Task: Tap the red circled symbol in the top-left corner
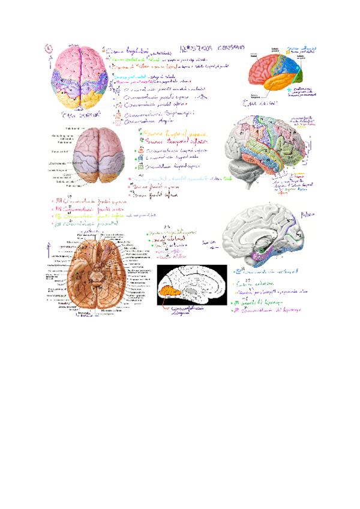click(x=49, y=49)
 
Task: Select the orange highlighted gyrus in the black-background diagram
click(x=172, y=293)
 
